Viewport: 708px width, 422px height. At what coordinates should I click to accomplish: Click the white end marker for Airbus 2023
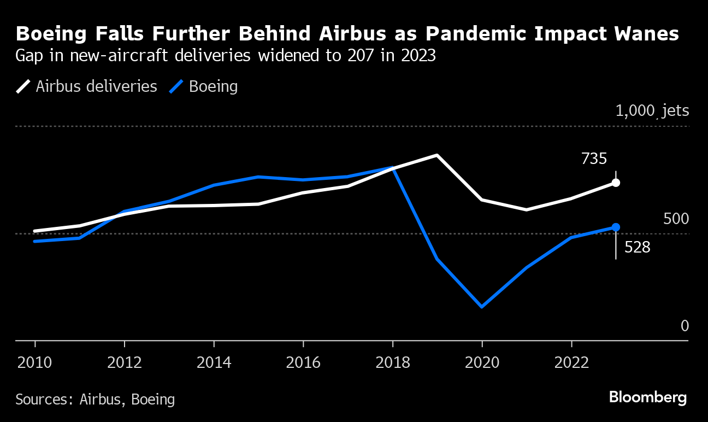coord(616,183)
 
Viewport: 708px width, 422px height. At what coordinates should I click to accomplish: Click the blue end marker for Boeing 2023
coord(616,227)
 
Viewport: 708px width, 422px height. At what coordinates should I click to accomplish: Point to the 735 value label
coord(594,159)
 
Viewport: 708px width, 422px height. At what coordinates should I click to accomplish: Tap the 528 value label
coord(637,248)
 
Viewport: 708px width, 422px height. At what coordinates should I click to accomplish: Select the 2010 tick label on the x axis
coord(35,362)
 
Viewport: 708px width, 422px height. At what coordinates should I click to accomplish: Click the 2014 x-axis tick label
coord(214,362)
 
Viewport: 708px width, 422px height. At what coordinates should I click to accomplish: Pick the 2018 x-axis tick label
coord(392,362)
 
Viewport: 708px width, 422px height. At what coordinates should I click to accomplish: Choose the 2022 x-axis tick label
coord(571,362)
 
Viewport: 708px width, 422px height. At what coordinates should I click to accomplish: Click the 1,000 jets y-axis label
coord(652,111)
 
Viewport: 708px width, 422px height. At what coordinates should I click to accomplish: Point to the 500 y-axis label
coord(676,219)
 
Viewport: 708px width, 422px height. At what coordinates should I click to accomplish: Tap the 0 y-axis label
coord(685,326)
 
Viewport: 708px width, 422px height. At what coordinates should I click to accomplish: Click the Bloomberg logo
coord(648,397)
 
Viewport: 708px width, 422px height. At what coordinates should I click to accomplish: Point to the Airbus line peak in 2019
coord(437,155)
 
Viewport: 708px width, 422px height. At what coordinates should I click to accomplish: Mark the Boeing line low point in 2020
coord(482,307)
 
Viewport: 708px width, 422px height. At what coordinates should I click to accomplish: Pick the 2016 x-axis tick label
coord(303,362)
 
